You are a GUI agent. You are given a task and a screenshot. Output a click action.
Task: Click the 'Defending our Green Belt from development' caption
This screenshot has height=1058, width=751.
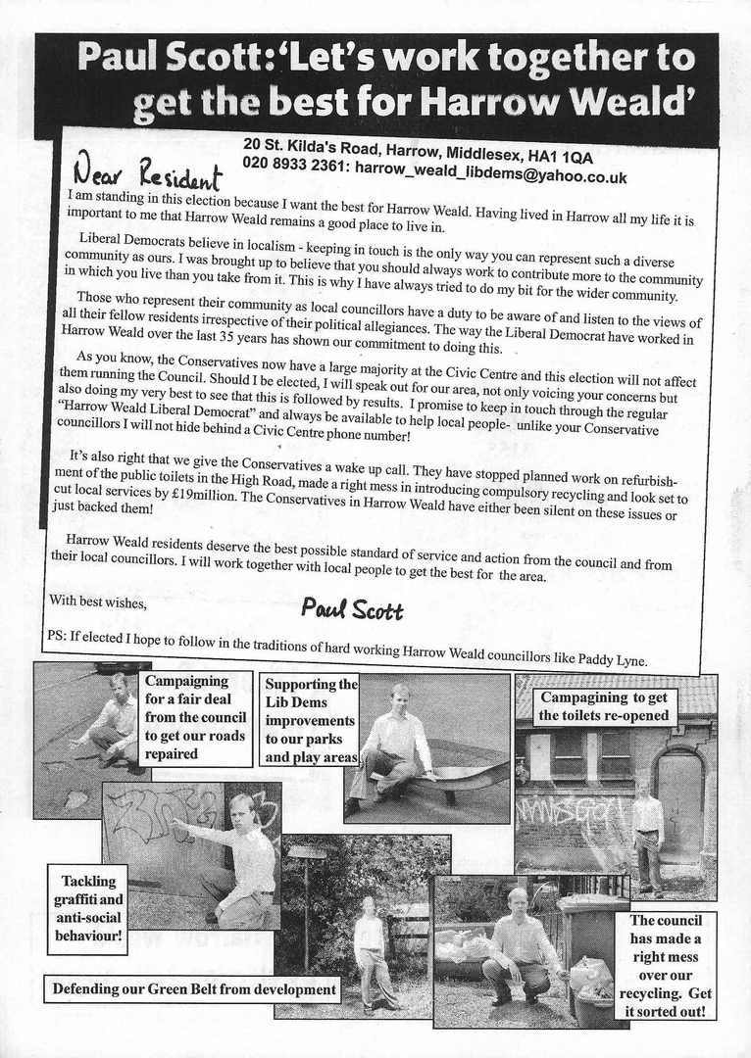click(x=191, y=990)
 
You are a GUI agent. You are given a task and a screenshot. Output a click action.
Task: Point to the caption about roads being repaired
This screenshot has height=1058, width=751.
click(x=196, y=717)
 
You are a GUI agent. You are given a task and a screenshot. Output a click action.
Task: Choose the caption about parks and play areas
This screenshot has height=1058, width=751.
click(x=311, y=720)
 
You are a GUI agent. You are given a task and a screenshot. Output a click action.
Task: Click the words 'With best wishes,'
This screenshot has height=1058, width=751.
click(x=98, y=603)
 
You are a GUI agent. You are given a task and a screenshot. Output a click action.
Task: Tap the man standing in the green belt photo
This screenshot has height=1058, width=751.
click(x=370, y=950)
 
